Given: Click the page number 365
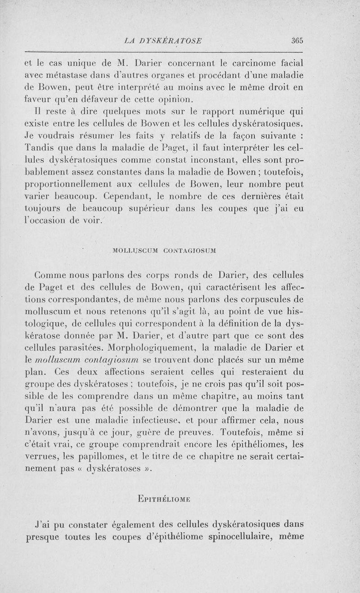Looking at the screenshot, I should tap(297, 40).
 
